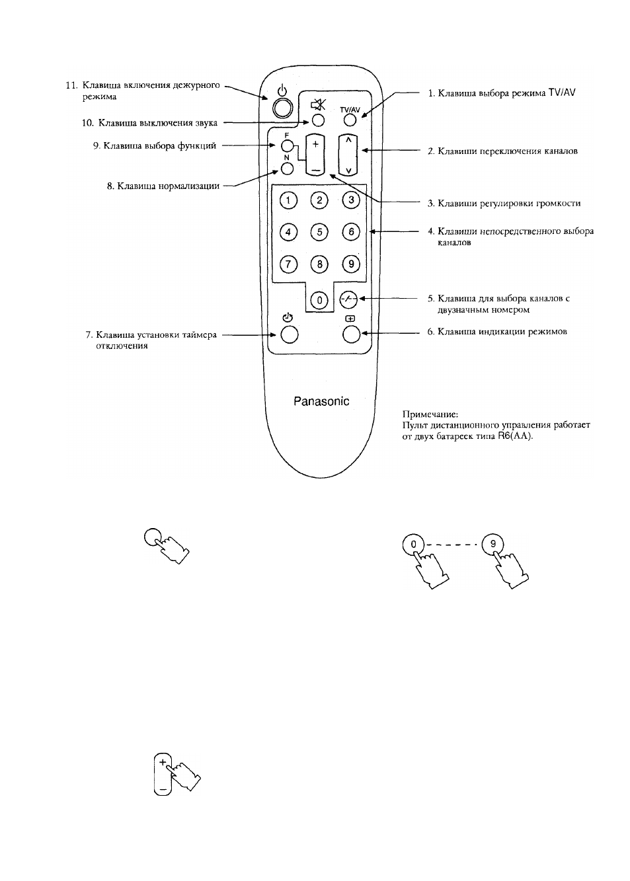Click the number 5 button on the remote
pyautogui.click(x=319, y=232)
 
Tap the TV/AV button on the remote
pyautogui.click(x=350, y=120)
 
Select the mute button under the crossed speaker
pyautogui.click(x=318, y=120)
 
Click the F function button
pyautogui.click(x=288, y=146)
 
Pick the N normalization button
pyautogui.click(x=288, y=169)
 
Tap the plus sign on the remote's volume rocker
pyautogui.click(x=315, y=144)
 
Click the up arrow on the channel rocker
pyautogui.click(x=348, y=139)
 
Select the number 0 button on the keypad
pyautogui.click(x=319, y=301)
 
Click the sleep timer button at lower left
pyautogui.click(x=290, y=334)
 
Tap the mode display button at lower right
pyautogui.click(x=352, y=334)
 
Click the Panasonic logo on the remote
pyautogui.click(x=321, y=401)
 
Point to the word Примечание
pyautogui.click(x=430, y=414)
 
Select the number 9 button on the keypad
pyautogui.click(x=351, y=264)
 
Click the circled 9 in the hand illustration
pyautogui.click(x=492, y=545)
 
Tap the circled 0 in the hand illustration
pyautogui.click(x=413, y=545)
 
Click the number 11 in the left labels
pyautogui.click(x=71, y=85)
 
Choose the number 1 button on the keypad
pyautogui.click(x=288, y=200)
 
